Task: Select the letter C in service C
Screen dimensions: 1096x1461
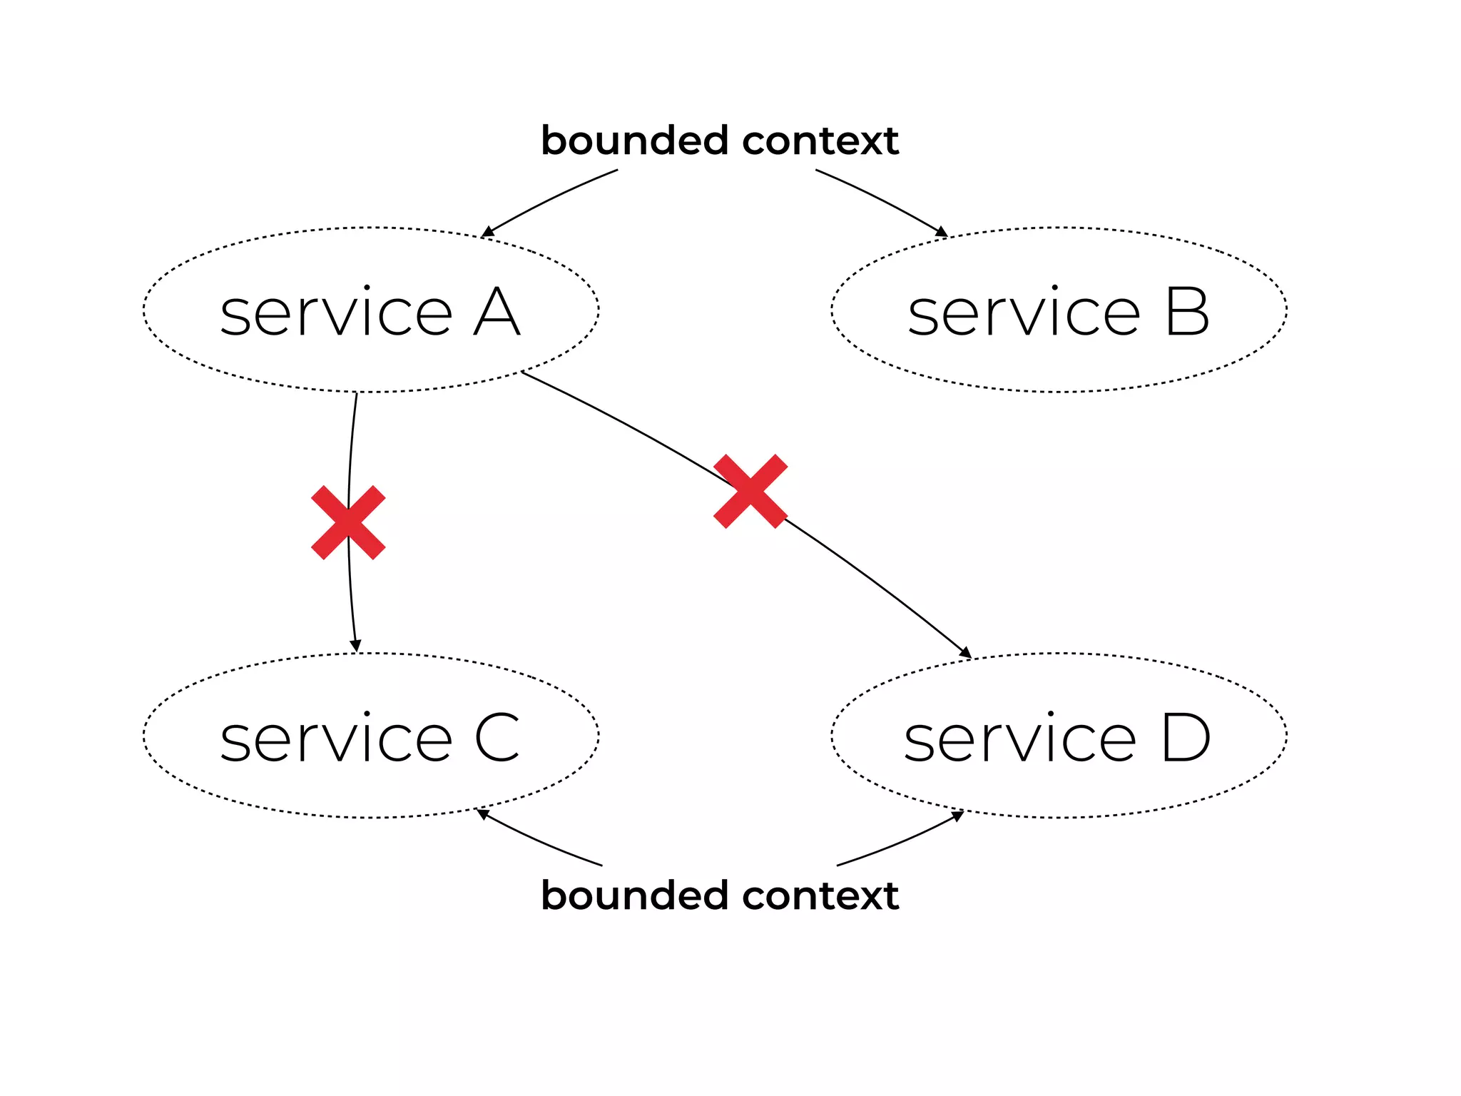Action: pyautogui.click(x=497, y=738)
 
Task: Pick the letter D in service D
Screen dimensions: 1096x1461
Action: pyautogui.click(x=1186, y=738)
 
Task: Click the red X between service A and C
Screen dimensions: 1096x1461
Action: pyautogui.click(x=348, y=522)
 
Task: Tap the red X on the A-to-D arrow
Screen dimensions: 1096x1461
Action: pyautogui.click(x=750, y=491)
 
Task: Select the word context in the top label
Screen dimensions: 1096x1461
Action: pyautogui.click(x=820, y=141)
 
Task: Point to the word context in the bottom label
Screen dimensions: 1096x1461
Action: pyautogui.click(x=820, y=896)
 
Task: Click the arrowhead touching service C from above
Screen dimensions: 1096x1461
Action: pyautogui.click(x=355, y=646)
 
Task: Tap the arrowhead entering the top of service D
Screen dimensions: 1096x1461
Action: pyautogui.click(x=966, y=652)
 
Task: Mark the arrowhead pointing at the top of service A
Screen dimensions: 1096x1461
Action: pyautogui.click(x=488, y=232)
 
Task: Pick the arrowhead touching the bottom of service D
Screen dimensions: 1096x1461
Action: pyautogui.click(x=958, y=816)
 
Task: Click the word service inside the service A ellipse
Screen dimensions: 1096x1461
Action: pyautogui.click(x=336, y=314)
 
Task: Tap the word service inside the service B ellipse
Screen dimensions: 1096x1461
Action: pyautogui.click(x=1024, y=314)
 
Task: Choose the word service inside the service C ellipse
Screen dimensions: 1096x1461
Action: pyautogui.click(x=336, y=739)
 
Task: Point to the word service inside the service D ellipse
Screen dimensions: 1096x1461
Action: pyautogui.click(x=1020, y=739)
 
